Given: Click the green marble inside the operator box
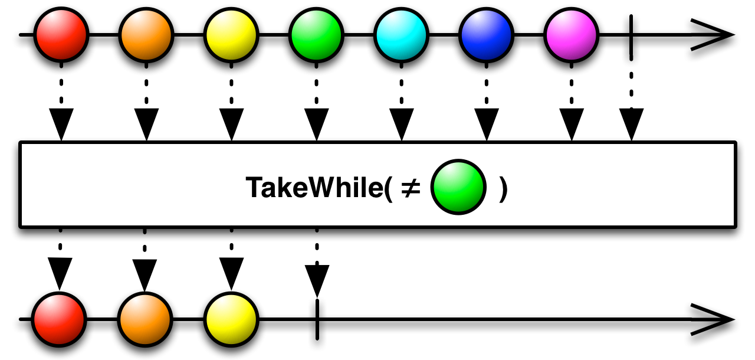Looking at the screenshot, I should tap(459, 188).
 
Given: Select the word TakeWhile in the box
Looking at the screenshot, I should tap(313, 188).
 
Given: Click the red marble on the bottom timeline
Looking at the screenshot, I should tap(59, 319).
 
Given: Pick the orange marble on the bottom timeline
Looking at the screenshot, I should tap(145, 319).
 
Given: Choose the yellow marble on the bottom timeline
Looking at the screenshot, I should tap(231, 319).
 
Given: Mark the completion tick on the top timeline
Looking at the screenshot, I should tap(632, 35).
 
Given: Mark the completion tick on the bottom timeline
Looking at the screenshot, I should tap(317, 319).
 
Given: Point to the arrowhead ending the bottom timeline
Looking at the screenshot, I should tap(714, 319).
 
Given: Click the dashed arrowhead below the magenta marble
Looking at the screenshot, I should tap(571, 124).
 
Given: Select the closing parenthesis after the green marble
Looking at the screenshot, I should tap(503, 189).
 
